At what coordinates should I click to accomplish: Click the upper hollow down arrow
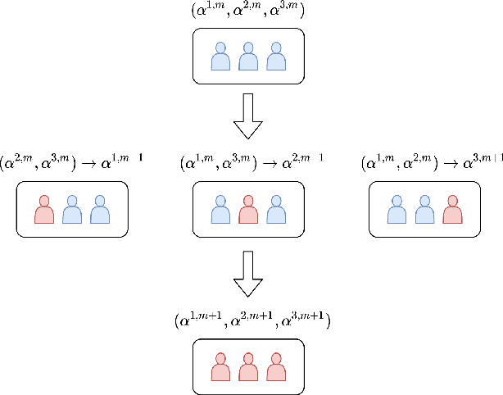247,120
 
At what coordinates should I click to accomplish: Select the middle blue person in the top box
247,57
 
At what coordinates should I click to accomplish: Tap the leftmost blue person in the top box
220,57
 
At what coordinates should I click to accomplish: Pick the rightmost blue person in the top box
275,57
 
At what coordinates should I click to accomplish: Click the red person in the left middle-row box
44,210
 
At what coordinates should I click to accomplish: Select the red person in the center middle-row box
247,210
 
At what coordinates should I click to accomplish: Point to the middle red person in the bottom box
247,367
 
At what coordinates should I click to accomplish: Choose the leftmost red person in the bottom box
220,367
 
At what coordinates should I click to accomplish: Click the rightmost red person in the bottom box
275,367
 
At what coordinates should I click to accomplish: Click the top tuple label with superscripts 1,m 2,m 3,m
247,12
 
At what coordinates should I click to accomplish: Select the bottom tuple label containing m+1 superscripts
251,321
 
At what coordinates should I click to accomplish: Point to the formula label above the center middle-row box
251,163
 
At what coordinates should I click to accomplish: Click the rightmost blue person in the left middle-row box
100,210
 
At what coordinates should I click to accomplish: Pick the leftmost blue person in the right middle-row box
397,210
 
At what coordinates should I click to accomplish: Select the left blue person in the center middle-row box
220,210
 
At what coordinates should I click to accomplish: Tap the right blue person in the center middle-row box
275,210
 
